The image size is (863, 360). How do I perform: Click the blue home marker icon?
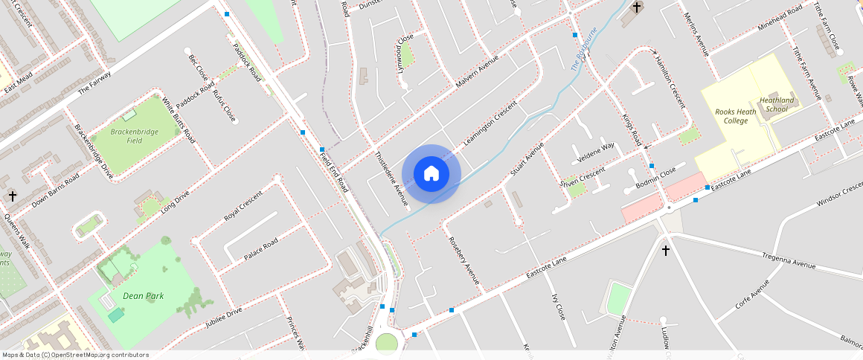point(431,174)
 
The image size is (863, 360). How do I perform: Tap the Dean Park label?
point(143,296)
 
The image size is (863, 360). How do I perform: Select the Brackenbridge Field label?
point(135,135)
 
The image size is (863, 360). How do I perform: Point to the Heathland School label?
point(776,104)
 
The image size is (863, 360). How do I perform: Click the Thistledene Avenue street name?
point(392,179)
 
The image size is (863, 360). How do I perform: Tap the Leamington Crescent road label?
point(489,123)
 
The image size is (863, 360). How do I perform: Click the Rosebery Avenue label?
point(463,261)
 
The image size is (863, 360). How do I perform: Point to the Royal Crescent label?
point(243,207)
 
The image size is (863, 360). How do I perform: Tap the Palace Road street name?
point(260,249)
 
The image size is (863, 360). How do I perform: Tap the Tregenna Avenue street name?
point(789,260)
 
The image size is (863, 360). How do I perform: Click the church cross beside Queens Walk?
point(12,196)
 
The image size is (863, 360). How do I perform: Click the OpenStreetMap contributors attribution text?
point(76,355)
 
